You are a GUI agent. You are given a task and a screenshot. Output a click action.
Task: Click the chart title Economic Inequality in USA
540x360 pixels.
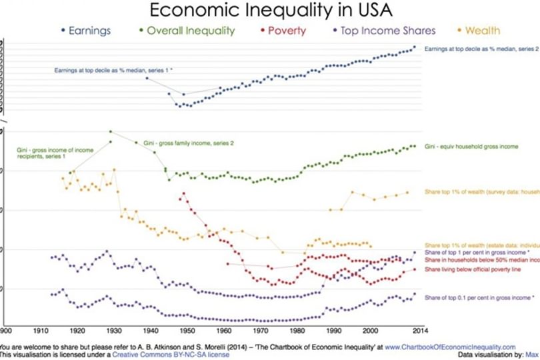(270, 11)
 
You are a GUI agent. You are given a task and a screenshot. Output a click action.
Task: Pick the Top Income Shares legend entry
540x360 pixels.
(387, 31)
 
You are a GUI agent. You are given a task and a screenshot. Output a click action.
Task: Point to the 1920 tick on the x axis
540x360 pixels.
(77, 329)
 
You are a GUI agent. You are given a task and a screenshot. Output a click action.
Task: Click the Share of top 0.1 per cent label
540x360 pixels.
(479, 297)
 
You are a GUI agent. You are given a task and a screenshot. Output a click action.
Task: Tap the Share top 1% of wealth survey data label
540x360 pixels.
(481, 193)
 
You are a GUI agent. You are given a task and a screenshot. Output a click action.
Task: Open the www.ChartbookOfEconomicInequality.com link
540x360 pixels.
(451, 347)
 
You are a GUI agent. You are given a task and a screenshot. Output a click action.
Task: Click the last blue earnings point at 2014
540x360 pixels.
(415, 47)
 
